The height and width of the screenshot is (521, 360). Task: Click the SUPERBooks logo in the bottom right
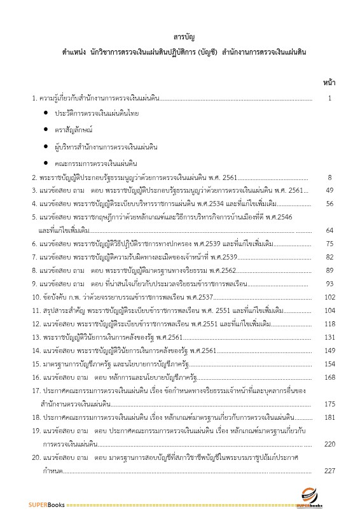310,497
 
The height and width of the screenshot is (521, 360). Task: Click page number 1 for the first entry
329,99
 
